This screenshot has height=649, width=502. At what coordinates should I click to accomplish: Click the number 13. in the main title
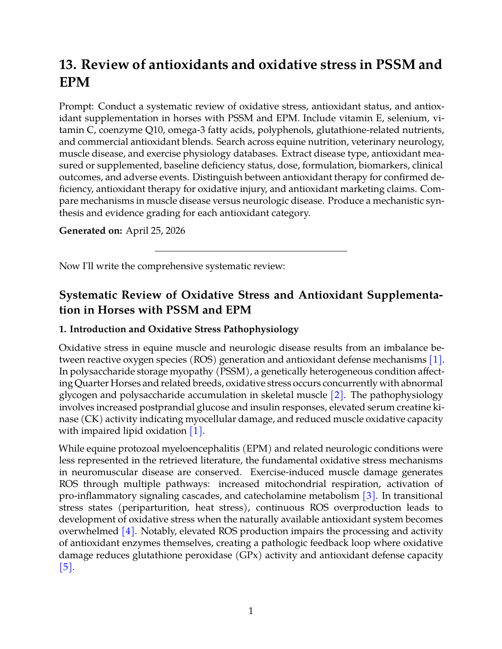click(68, 65)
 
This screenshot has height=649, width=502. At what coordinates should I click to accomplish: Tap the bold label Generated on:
click(90, 231)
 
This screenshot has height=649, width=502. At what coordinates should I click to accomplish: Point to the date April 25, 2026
click(155, 231)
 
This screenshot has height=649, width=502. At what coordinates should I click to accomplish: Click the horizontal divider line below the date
click(251, 251)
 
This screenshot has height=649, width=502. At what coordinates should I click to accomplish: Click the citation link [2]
click(337, 395)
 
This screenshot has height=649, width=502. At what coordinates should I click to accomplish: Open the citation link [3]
click(369, 496)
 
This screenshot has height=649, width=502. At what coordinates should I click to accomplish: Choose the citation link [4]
click(128, 531)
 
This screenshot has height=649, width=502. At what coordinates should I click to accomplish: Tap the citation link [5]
click(66, 567)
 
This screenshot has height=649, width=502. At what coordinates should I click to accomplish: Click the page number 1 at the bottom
click(251, 611)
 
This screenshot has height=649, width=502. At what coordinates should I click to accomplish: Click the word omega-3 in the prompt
click(186, 130)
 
